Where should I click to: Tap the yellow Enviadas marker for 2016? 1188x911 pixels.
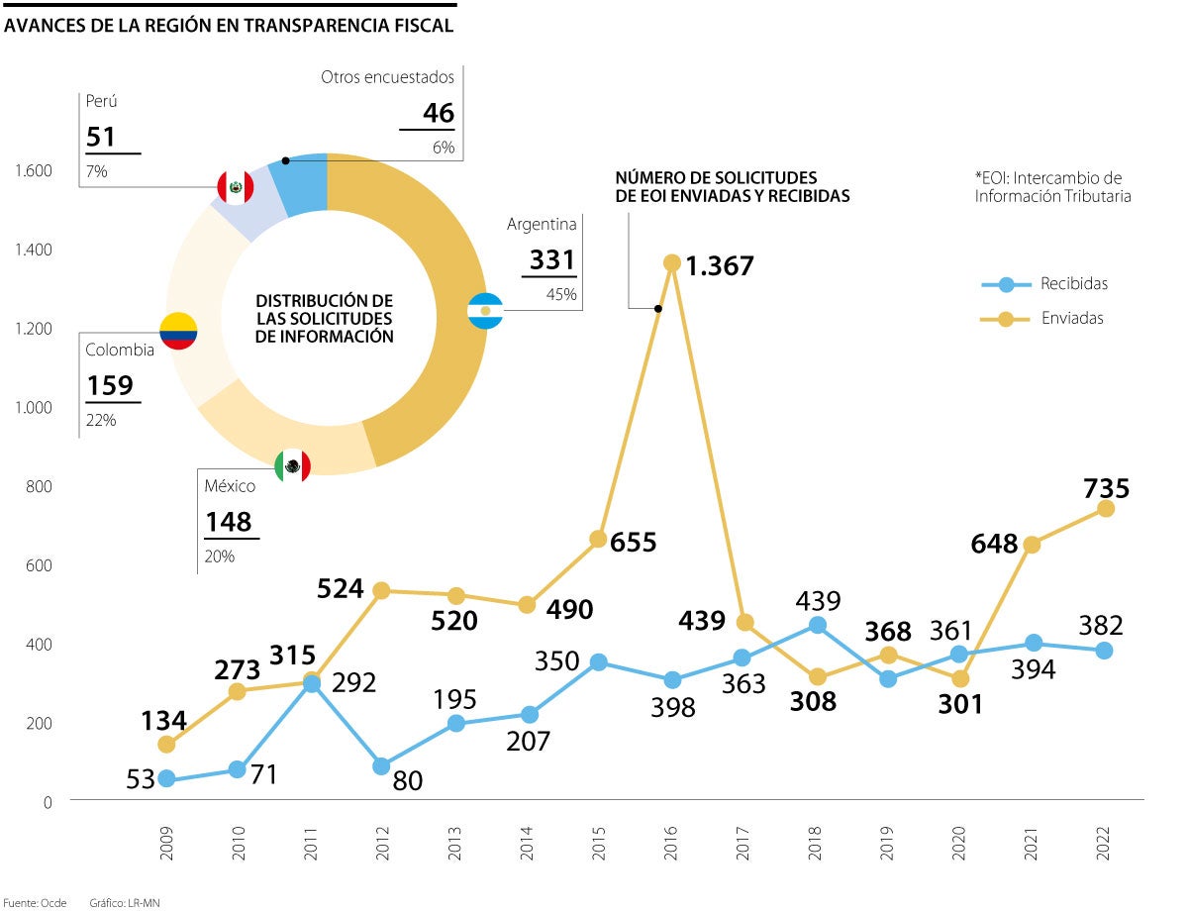point(672,262)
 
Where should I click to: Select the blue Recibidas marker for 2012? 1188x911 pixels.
point(381,766)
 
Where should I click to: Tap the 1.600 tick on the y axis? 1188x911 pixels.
point(34,171)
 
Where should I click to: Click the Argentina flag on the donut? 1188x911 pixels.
point(485,312)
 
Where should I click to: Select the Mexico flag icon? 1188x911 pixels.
point(292,464)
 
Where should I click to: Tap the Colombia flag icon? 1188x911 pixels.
point(179,330)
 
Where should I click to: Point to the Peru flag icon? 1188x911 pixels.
point(235,186)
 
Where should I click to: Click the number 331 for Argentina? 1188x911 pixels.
point(551,260)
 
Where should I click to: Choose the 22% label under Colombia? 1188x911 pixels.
point(101,420)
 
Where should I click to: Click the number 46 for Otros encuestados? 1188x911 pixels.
point(439,114)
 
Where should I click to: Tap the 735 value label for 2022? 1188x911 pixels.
point(1106,489)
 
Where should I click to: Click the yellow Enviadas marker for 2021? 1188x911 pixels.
point(1032,545)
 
